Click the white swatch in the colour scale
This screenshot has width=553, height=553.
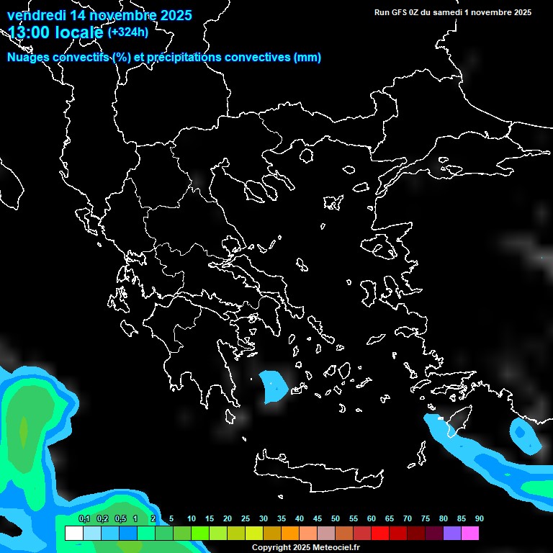73,534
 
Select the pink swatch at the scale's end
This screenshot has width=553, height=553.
470,534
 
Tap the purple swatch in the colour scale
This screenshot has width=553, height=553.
452,534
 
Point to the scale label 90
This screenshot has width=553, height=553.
479,518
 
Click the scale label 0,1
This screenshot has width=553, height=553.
84,518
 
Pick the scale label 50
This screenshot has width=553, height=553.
336,518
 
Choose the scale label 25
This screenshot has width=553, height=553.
246,518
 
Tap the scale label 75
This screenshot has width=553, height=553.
425,518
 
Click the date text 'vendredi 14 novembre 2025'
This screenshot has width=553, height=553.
99,15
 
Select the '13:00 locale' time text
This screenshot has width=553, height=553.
55,32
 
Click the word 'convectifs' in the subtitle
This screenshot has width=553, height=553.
78,58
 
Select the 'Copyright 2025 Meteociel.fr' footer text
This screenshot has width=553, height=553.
305,547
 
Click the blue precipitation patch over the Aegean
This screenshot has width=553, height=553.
273,386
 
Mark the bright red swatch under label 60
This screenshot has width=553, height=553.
380,534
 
